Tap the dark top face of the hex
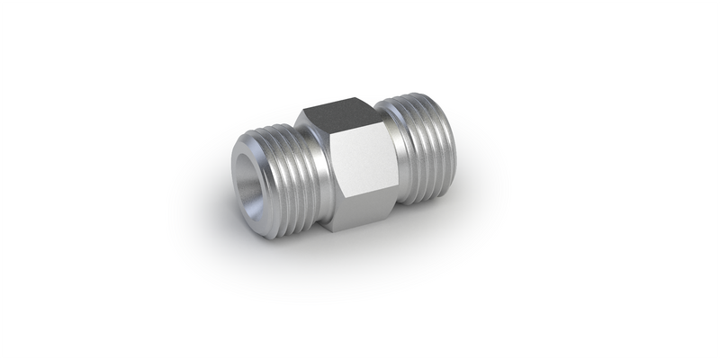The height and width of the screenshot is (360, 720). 337,116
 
